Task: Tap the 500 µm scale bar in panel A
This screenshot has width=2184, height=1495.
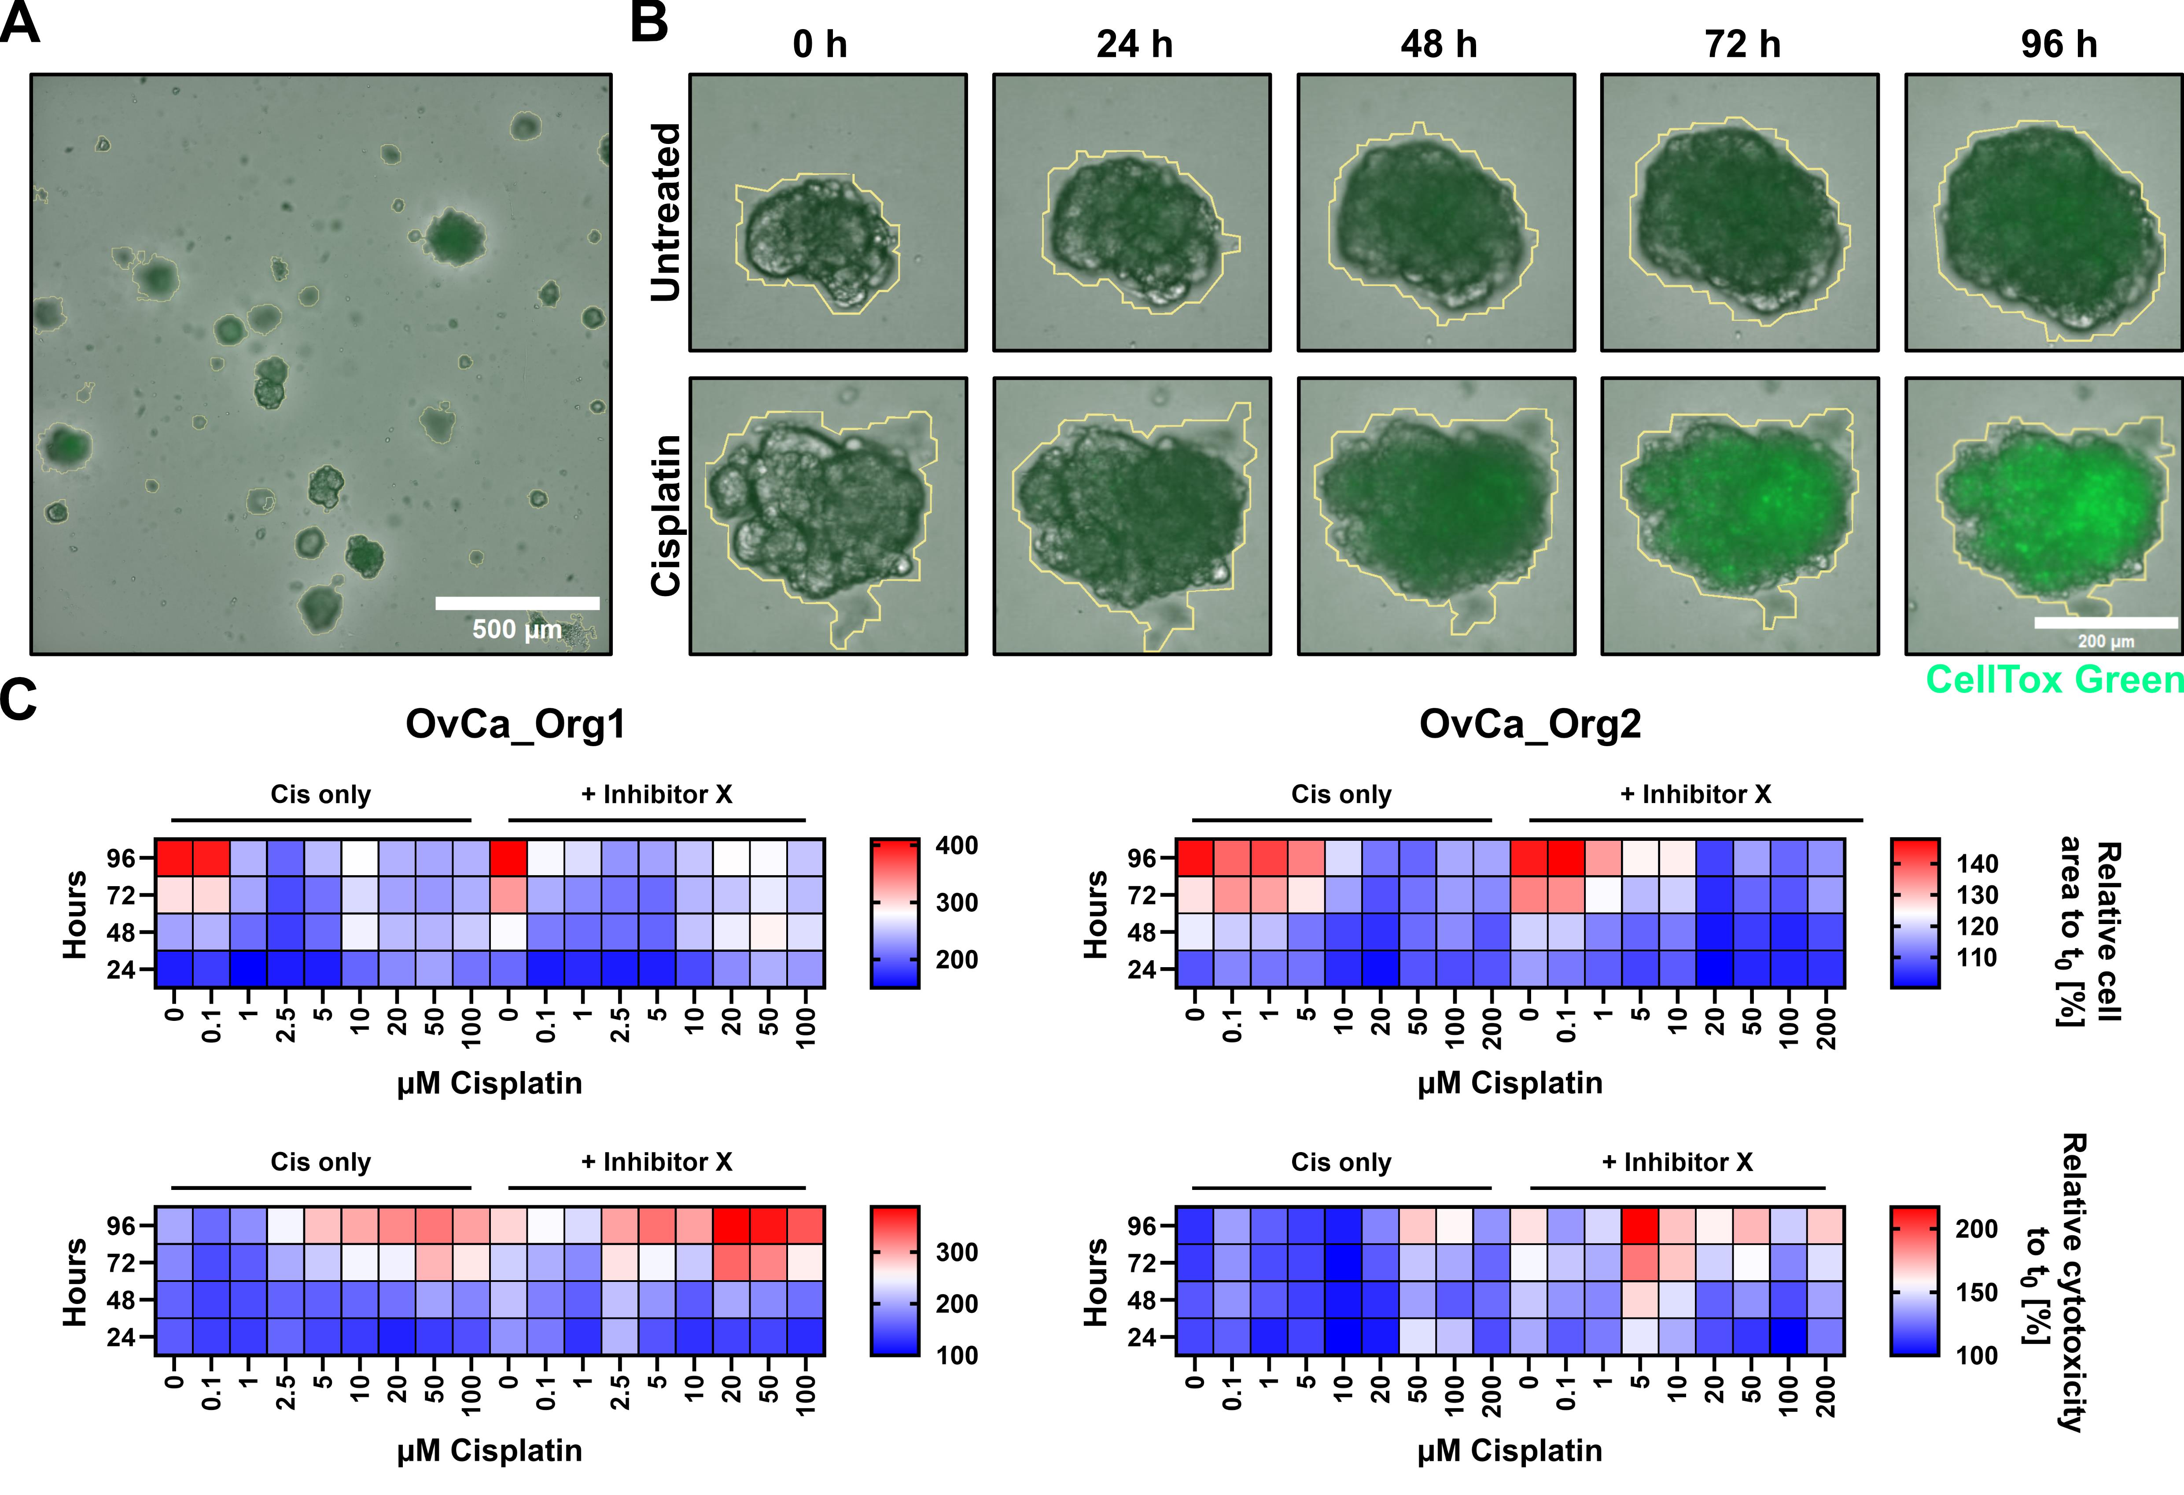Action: (517, 603)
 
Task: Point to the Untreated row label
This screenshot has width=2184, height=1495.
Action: (665, 212)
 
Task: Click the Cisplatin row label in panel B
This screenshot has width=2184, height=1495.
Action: (665, 515)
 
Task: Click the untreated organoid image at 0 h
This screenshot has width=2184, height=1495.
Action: (828, 212)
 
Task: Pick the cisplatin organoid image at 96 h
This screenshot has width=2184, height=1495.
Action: (2044, 516)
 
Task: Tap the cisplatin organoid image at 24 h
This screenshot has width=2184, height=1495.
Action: (1132, 516)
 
